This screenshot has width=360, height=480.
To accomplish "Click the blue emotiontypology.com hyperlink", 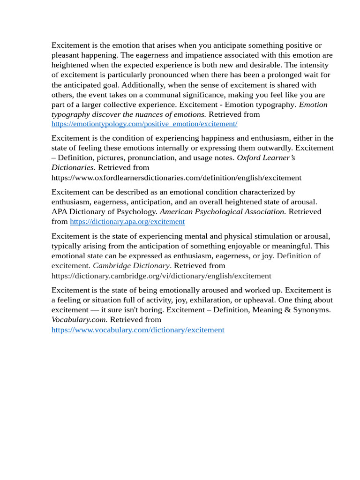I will tap(144, 124).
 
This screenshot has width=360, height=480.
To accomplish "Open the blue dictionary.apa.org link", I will tap(127, 222).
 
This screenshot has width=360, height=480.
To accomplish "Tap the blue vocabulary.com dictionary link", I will tap(138, 330).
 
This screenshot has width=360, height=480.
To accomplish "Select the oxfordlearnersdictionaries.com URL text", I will tap(176, 178).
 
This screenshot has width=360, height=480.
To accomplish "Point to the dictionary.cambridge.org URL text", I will tap(161, 276).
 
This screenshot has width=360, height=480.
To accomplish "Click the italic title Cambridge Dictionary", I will tap(131, 266).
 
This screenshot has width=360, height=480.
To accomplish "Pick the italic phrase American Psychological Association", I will tap(222, 212).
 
